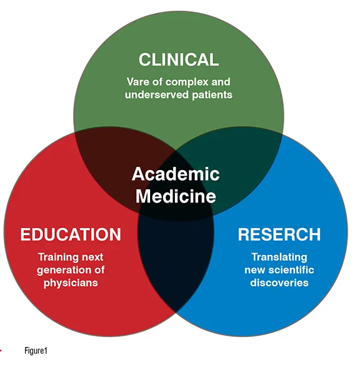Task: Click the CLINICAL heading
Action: [x=179, y=59]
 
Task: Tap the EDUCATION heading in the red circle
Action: [x=71, y=234]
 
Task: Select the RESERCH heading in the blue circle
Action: [x=279, y=234]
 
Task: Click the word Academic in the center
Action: [x=176, y=174]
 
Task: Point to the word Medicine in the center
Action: [x=176, y=196]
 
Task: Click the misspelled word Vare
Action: [x=138, y=82]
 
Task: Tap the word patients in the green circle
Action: [x=212, y=95]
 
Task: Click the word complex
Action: [x=184, y=82]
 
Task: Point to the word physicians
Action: [x=71, y=283]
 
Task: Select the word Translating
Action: [x=279, y=257]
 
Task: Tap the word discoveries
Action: [x=279, y=282]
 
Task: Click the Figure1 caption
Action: [x=36, y=351]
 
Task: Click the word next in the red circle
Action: [x=92, y=257]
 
